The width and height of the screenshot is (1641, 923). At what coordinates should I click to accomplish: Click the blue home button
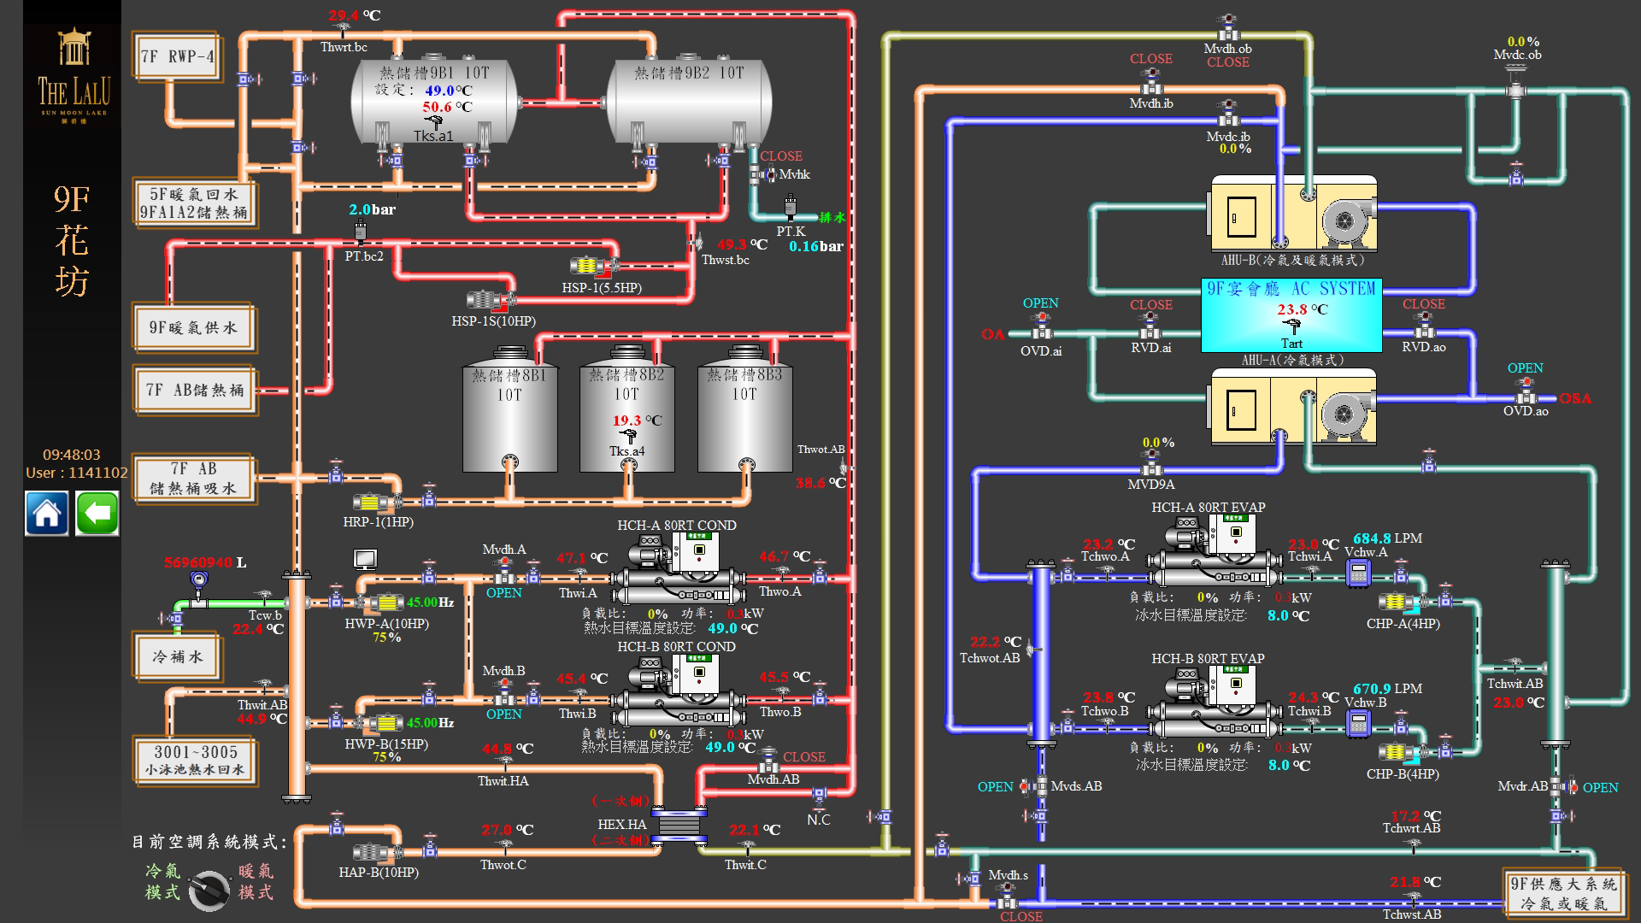tap(46, 514)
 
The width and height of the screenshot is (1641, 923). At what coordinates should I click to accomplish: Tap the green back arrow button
tap(97, 514)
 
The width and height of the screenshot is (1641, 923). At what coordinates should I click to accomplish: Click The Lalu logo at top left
tap(74, 77)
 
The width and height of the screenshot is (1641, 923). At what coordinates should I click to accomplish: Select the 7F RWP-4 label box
tap(177, 57)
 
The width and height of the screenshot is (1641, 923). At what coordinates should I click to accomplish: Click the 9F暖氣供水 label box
tap(193, 327)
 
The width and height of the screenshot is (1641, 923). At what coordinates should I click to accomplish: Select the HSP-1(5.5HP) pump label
tap(601, 288)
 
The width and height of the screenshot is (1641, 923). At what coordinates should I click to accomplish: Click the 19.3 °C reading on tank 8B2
tap(636, 420)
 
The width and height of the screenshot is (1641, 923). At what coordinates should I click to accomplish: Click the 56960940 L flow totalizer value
tap(204, 562)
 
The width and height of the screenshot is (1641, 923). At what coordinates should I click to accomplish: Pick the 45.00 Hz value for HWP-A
tap(429, 603)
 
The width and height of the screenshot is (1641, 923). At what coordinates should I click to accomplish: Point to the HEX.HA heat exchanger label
tap(621, 825)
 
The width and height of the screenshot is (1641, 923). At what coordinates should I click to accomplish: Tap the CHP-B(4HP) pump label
tap(1403, 774)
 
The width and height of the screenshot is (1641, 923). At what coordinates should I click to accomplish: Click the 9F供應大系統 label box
tap(1563, 893)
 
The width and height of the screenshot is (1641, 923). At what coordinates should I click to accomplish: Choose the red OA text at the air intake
tap(992, 334)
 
